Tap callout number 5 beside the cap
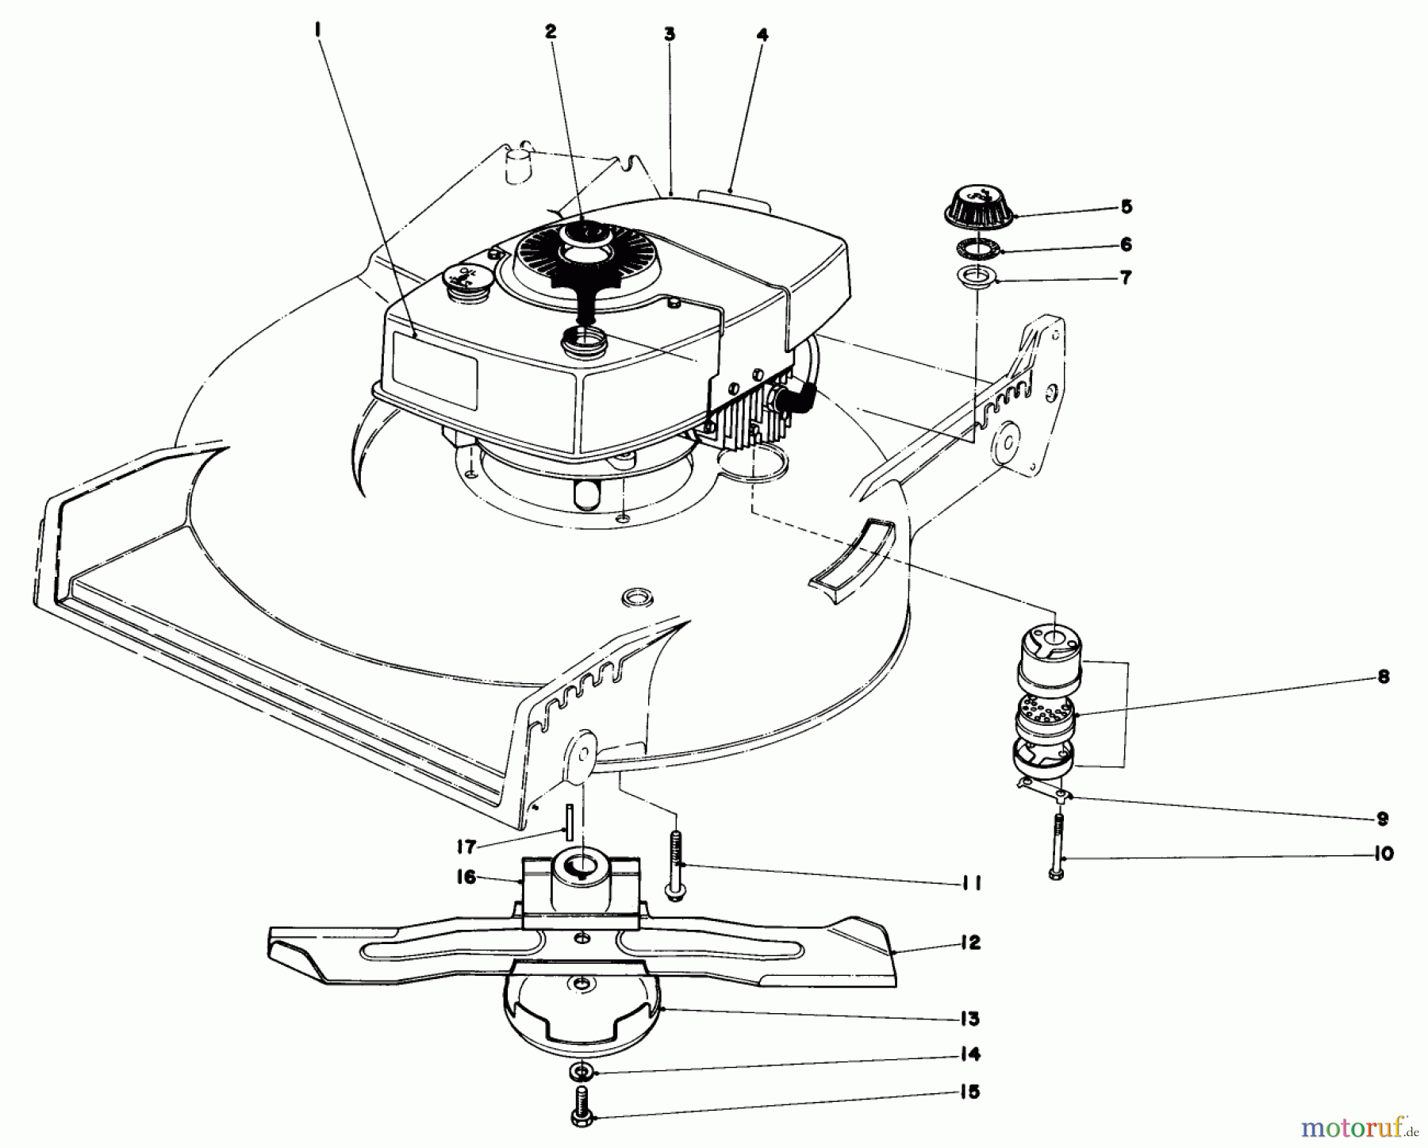click(x=1126, y=207)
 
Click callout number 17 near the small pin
click(x=466, y=847)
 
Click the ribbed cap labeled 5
click(x=977, y=207)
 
